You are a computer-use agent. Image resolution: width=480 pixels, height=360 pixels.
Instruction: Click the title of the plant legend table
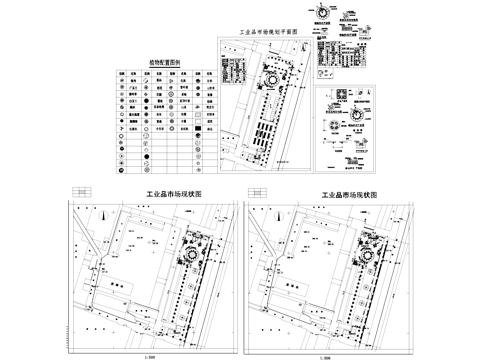(x=162, y=62)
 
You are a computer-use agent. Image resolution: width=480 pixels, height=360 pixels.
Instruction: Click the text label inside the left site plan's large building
(x=118, y=283)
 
